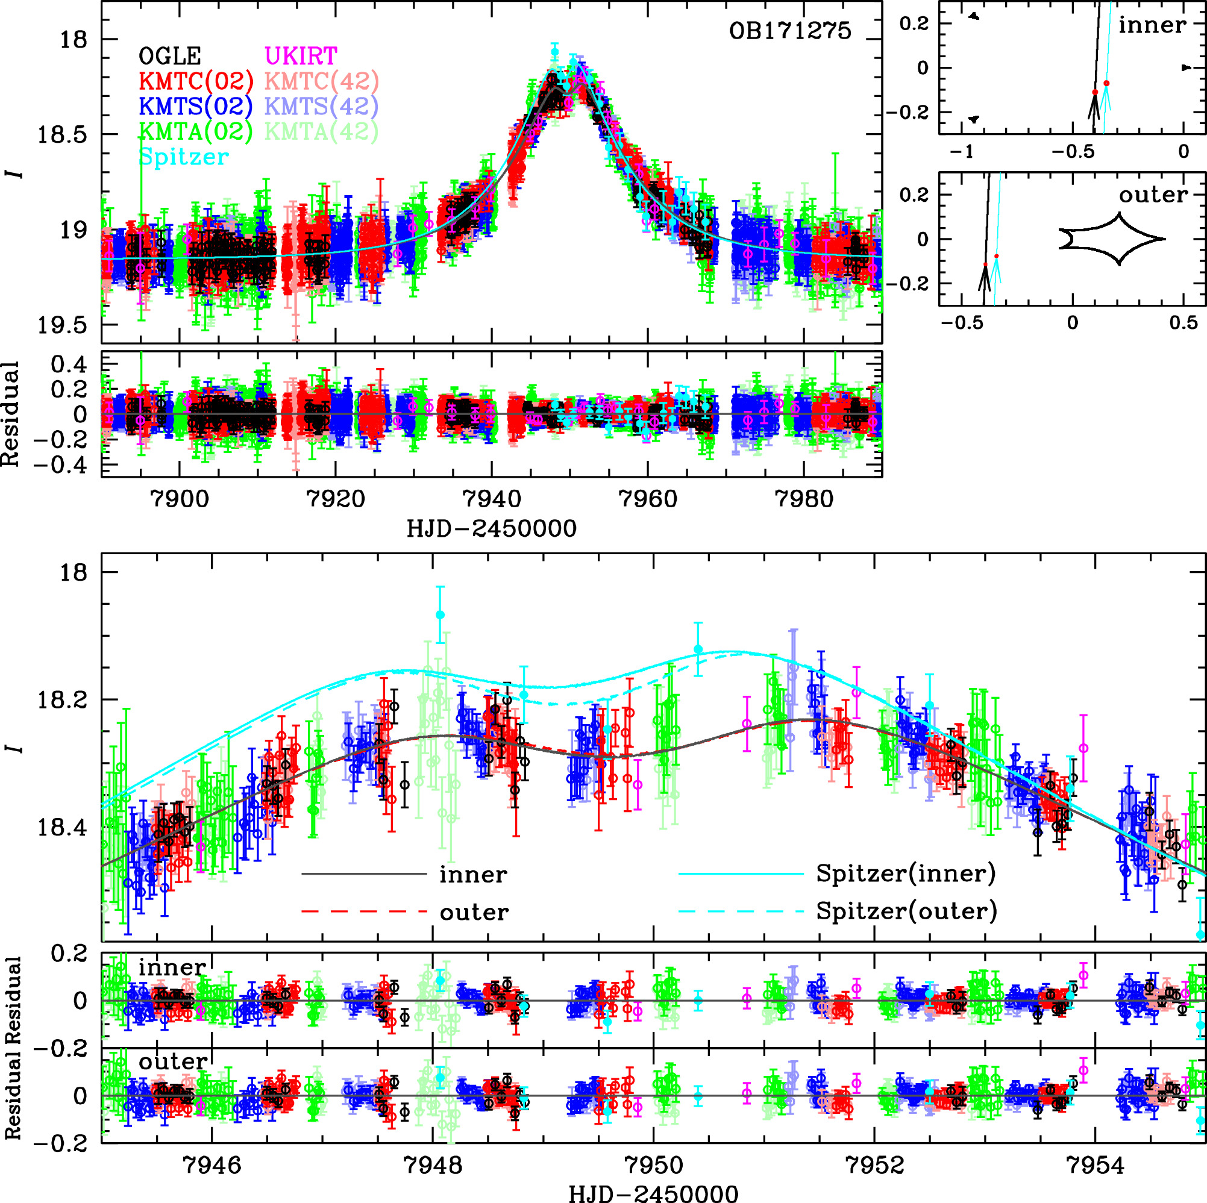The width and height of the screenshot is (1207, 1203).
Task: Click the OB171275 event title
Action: click(789, 31)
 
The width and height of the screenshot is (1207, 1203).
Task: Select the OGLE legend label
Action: click(170, 57)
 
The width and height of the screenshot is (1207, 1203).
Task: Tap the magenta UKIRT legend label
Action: click(301, 56)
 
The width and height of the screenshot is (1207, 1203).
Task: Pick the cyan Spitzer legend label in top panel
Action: click(184, 157)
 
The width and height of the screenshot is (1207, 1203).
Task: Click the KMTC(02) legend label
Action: click(196, 81)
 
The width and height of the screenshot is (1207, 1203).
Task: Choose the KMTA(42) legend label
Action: click(321, 131)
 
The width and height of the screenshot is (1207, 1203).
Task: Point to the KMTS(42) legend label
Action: click(321, 106)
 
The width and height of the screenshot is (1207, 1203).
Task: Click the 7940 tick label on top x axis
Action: click(492, 499)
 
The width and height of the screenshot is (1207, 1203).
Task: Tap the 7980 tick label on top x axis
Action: click(803, 499)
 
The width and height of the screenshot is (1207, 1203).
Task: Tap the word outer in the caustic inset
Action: click(1153, 195)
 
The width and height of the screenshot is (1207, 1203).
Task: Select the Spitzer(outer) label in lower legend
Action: click(906, 911)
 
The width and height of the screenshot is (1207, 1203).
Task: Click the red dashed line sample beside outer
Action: click(364, 912)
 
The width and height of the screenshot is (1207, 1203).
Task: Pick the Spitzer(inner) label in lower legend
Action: click(906, 873)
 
